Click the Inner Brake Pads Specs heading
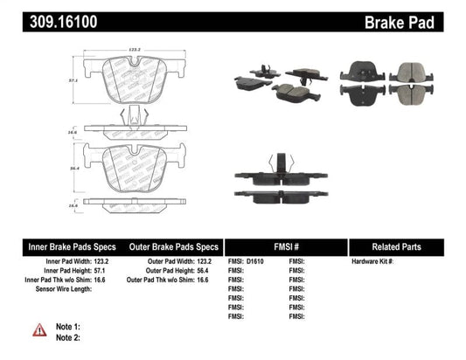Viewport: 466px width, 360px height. (62, 246)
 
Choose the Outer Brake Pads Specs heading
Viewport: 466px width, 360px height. (173, 246)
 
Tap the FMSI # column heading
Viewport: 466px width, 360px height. (286, 246)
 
